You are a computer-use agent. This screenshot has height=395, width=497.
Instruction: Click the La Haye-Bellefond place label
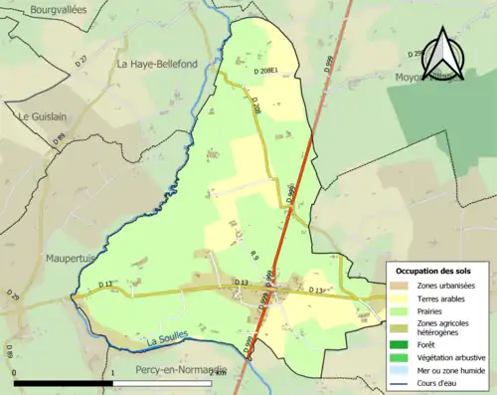156,64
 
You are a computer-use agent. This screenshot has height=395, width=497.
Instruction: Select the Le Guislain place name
41,115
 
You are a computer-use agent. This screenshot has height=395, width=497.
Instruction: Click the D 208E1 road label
270,72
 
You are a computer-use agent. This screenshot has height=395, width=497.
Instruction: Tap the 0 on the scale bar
14,372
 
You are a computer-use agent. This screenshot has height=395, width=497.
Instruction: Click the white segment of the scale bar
163,383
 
